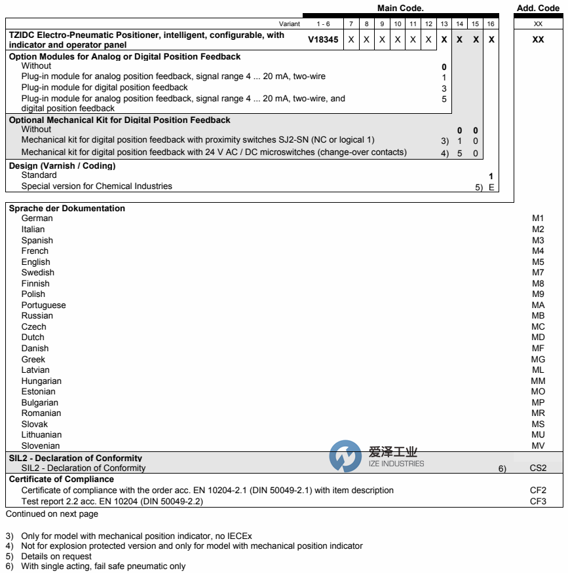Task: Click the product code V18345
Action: click(x=323, y=39)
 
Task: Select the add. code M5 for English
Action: click(x=538, y=262)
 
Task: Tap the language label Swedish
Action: click(x=37, y=272)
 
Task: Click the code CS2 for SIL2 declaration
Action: click(x=538, y=468)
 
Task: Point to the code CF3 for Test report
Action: click(x=538, y=501)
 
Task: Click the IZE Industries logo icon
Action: click(x=345, y=456)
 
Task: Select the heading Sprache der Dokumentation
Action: click(x=67, y=209)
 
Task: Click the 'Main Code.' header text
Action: click(x=400, y=9)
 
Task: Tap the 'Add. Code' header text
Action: click(x=538, y=9)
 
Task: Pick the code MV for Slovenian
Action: click(x=538, y=445)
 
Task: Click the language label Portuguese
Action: click(x=43, y=305)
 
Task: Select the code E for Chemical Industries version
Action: click(x=491, y=187)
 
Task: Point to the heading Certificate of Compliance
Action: click(x=62, y=479)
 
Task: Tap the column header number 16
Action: click(x=491, y=24)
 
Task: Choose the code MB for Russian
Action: click(x=538, y=316)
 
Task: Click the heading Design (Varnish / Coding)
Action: click(x=62, y=166)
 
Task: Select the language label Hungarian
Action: click(x=41, y=381)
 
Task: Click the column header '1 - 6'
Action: click(x=323, y=24)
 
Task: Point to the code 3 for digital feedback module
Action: click(x=444, y=88)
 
